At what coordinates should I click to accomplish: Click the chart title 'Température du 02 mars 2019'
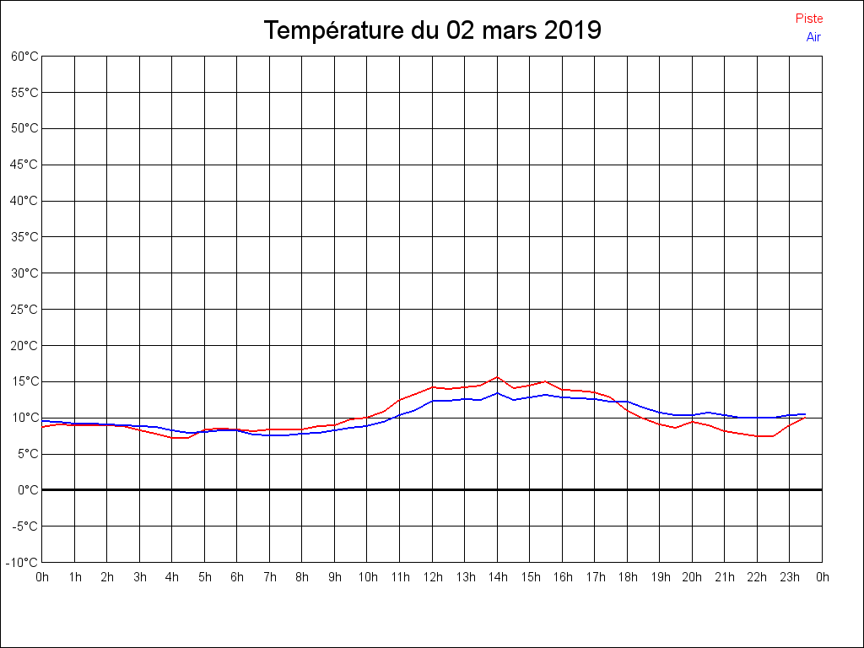pyautogui.click(x=432, y=30)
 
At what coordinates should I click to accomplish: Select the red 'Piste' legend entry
pyautogui.click(x=809, y=19)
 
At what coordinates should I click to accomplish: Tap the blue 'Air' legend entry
pyautogui.click(x=813, y=36)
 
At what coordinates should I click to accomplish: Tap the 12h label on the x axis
pyautogui.click(x=433, y=577)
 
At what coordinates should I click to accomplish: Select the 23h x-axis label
pyautogui.click(x=790, y=577)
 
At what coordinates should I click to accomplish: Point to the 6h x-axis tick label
pyautogui.click(x=237, y=577)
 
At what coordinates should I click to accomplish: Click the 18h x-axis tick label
pyautogui.click(x=628, y=577)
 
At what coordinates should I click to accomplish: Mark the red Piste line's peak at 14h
pyautogui.click(x=498, y=377)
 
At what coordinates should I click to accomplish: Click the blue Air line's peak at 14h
pyautogui.click(x=498, y=392)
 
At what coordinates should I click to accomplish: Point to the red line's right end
pyautogui.click(x=805, y=417)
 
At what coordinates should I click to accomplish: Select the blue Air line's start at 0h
pyautogui.click(x=42, y=420)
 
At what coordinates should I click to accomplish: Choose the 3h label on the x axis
pyautogui.click(x=140, y=577)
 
